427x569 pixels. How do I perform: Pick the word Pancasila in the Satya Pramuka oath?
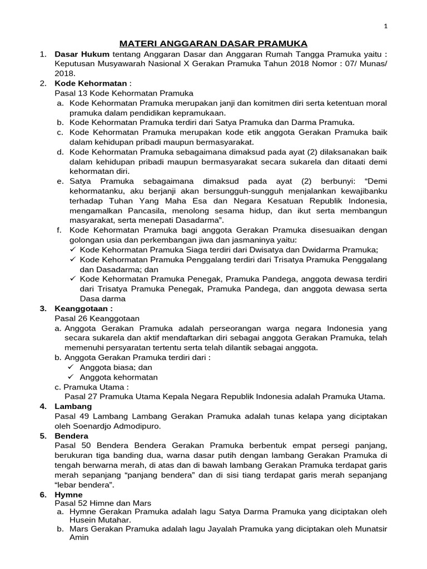tap(163, 211)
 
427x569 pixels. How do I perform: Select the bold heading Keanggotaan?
tap(83, 308)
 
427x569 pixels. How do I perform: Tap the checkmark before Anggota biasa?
tap(71, 367)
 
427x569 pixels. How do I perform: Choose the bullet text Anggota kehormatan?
tap(118, 377)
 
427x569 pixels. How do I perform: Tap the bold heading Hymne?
tap(68, 495)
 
